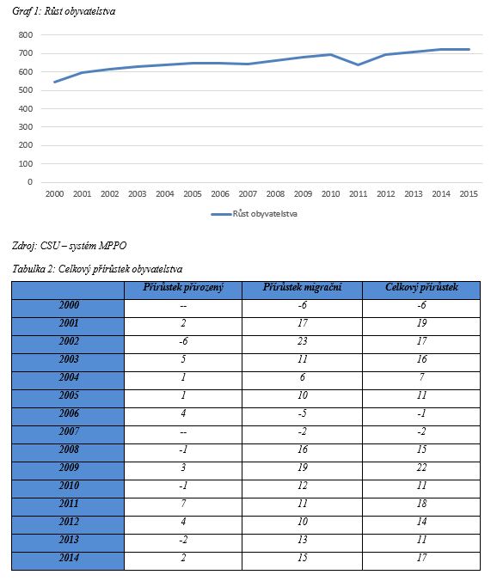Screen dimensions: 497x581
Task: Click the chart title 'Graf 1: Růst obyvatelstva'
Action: pos(64,11)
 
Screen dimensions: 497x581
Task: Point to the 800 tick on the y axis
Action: pos(26,35)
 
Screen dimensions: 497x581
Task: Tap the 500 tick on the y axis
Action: pos(26,90)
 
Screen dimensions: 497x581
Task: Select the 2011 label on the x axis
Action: pos(358,193)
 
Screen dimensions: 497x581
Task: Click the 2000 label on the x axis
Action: pos(54,193)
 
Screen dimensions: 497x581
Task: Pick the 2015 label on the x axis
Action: pos(469,193)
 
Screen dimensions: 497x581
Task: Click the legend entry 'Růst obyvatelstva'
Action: pos(255,214)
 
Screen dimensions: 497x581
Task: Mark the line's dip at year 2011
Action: pos(358,64)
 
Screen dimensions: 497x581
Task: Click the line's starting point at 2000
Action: pos(54,82)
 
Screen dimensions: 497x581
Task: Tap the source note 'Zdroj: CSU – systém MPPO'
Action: pos(70,246)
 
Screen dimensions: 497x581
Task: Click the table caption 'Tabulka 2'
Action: pos(34,269)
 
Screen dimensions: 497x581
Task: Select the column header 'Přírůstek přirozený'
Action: pos(183,287)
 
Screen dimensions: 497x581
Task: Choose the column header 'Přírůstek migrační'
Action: pos(303,287)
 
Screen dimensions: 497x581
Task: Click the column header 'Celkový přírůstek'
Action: pos(422,287)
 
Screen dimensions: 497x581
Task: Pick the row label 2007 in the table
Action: pos(69,431)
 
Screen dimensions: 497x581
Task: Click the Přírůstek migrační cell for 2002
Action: pos(303,341)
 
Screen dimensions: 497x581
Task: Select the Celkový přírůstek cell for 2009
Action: pos(422,468)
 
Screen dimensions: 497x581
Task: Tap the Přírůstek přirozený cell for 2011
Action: pos(183,504)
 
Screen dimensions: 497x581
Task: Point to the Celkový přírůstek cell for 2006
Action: pos(422,413)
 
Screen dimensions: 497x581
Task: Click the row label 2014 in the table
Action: pos(69,558)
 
